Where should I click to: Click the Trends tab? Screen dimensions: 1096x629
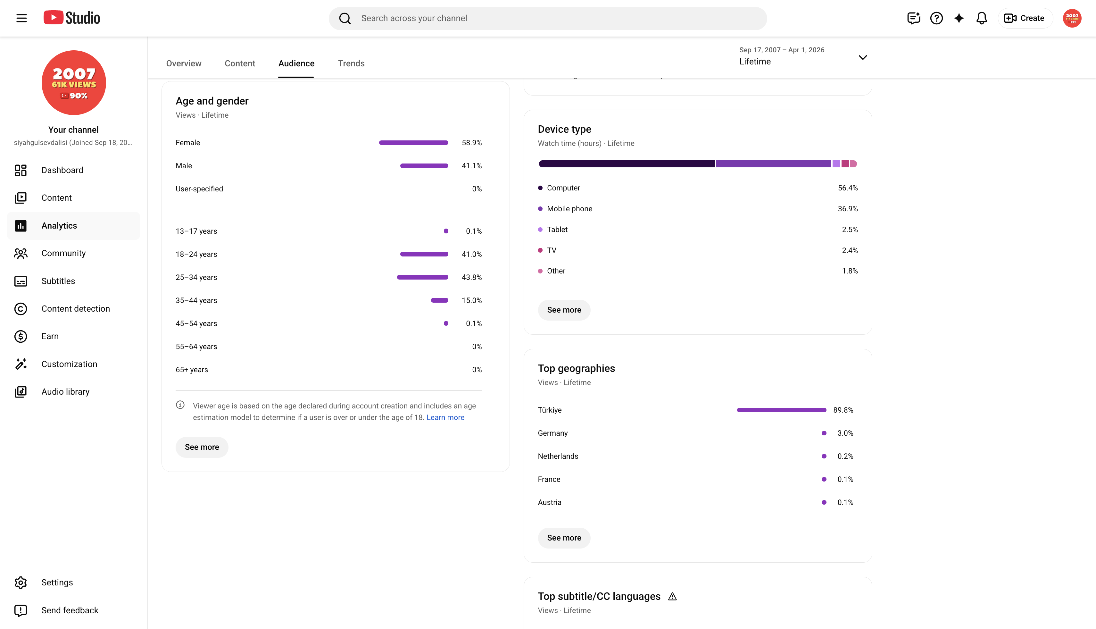[351, 63]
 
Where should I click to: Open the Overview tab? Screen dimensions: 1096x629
[184, 63]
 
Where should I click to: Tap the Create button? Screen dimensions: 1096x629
[1025, 18]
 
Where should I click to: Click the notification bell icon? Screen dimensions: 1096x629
[982, 18]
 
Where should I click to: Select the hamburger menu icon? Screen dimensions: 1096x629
[21, 18]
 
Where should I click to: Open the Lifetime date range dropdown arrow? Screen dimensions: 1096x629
[862, 57]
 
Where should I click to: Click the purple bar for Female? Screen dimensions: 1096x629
[413, 143]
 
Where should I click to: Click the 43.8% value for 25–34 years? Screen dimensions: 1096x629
[471, 277]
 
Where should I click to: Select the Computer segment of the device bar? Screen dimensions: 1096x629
[627, 164]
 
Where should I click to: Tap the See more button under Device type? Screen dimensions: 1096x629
[564, 310]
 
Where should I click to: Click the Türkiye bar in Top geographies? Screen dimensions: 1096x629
[782, 410]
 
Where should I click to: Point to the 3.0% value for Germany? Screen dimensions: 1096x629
[845, 433]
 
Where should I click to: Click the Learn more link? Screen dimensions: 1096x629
[445, 417]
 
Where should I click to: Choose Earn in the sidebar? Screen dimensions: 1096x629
[50, 336]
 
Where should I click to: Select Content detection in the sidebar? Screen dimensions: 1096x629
[76, 308]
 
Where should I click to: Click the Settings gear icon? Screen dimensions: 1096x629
[21, 582]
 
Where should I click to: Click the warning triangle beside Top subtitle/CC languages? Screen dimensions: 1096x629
[672, 597]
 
